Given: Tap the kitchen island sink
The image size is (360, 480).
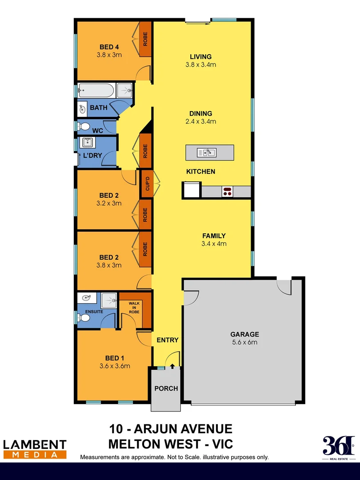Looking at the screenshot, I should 207,152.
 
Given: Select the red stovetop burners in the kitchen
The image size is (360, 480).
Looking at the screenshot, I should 228,192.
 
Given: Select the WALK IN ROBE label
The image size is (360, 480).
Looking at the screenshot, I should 134,308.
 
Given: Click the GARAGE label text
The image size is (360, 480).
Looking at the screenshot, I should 244,334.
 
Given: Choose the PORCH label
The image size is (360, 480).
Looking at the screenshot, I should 166,388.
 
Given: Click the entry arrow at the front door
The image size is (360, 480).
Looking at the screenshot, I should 172,366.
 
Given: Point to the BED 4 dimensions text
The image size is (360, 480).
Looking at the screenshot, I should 109,55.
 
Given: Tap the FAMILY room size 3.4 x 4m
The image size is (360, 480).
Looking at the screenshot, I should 214,244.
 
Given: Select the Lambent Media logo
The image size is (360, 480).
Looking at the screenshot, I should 35,448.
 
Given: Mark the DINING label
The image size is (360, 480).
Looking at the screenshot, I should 200,113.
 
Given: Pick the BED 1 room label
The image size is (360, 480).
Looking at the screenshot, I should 112,358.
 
